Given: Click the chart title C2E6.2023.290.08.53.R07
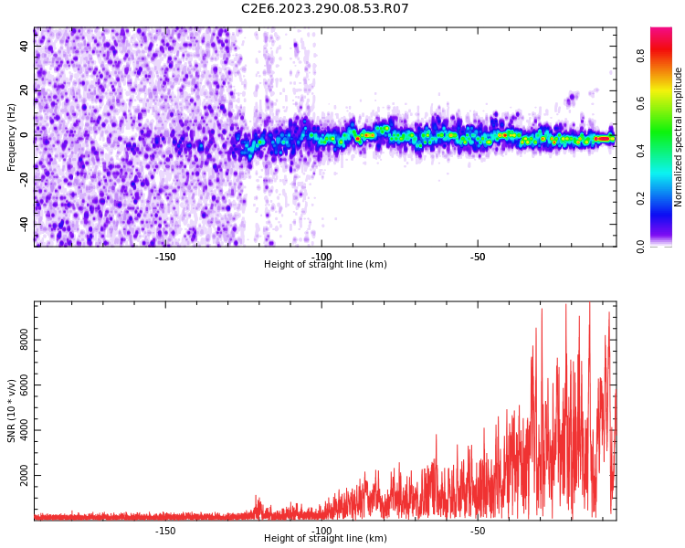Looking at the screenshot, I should click(325, 9).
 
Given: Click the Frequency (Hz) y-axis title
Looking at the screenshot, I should click(12, 137).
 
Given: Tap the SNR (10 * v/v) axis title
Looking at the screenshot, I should click(12, 411).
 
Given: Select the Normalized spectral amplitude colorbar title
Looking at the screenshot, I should click(679, 137).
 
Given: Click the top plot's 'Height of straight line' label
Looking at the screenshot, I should click(325, 265).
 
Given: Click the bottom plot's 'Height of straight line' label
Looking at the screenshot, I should click(325, 539).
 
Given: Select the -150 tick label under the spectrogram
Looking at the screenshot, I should click(165, 257).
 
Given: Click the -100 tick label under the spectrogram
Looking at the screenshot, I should click(321, 257).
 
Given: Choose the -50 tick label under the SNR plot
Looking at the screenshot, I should click(478, 531).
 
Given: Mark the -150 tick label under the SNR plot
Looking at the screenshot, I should click(165, 531).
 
